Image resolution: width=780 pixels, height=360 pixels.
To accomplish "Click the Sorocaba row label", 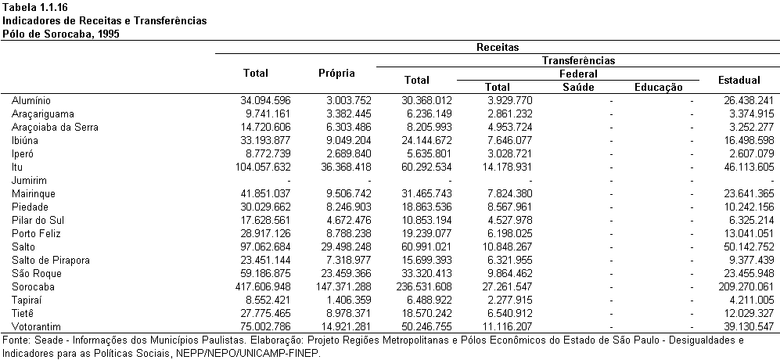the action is pos(33,286).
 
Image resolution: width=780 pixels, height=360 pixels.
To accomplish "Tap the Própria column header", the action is pos(336,74).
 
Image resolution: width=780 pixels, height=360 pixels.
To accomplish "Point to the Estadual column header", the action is pos(739,80).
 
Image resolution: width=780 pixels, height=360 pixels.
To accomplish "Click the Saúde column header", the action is pos(578,87).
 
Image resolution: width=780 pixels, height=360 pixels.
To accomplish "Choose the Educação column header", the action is pos(659,87).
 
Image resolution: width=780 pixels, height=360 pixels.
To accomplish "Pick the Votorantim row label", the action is pos(35,326).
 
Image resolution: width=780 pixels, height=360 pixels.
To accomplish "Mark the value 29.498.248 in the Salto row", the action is pos(342,247).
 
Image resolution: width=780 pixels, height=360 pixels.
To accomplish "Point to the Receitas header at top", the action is pos(498,47).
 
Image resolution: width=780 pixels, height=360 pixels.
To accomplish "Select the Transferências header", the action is pos(578,61).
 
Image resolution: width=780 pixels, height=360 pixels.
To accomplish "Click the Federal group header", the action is pos(578,74).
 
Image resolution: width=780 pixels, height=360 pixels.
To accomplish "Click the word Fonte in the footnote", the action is pos(14,340).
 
